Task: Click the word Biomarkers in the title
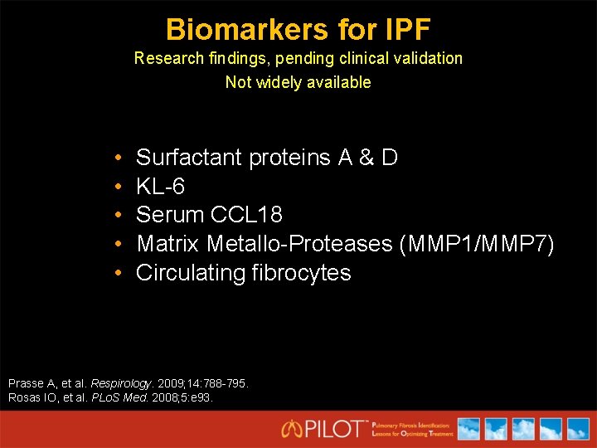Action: (235, 30)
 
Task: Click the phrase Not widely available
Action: (298, 82)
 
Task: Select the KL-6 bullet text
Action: (160, 186)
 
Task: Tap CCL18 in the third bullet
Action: (247, 215)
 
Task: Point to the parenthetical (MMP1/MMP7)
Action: (476, 244)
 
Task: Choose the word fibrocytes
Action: (301, 273)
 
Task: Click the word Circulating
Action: (190, 273)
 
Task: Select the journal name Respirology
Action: (121, 384)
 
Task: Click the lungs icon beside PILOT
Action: (291, 429)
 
